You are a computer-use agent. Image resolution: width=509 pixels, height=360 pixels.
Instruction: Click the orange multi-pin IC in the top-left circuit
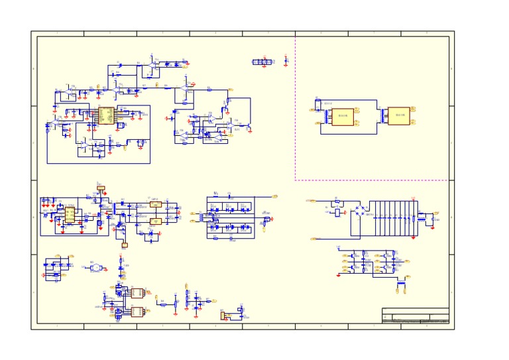(x=106, y=115)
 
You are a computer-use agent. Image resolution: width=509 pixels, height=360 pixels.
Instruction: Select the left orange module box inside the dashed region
(x=343, y=117)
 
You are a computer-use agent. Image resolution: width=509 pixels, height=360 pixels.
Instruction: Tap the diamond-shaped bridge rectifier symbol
(x=360, y=210)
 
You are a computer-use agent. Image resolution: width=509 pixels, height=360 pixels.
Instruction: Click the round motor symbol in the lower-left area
(x=95, y=267)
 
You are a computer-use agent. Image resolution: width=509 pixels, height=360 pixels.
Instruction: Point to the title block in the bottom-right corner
(x=416, y=316)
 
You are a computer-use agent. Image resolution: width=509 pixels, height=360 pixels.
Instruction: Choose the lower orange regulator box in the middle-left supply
(x=156, y=221)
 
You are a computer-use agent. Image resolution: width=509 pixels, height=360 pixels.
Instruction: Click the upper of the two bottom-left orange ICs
(x=138, y=292)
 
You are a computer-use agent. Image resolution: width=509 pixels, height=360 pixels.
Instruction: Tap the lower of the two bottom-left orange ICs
(x=138, y=312)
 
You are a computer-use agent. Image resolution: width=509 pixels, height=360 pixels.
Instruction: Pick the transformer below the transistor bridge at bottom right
(x=401, y=285)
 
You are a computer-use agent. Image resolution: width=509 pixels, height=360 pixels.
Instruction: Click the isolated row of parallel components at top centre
(x=263, y=62)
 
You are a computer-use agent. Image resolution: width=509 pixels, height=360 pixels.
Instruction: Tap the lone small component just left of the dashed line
(x=286, y=60)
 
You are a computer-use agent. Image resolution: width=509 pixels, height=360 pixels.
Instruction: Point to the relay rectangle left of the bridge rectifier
(x=338, y=213)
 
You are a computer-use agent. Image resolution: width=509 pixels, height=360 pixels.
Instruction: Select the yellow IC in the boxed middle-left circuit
(x=70, y=215)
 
